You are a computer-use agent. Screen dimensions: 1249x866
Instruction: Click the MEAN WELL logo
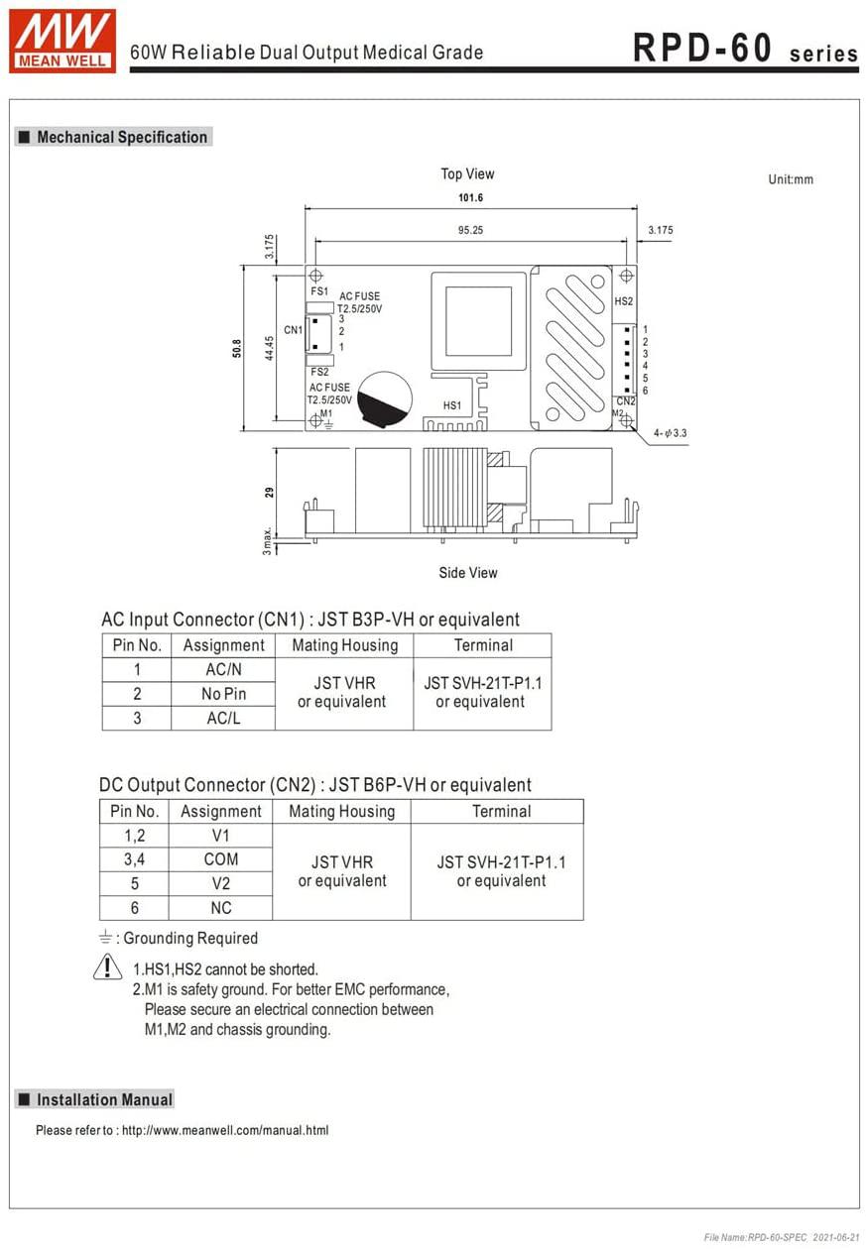coord(62,41)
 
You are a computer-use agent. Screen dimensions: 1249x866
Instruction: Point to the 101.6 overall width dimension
coord(470,197)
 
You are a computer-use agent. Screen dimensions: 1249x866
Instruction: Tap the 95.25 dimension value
coord(470,230)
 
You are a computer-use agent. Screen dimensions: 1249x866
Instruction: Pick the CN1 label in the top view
coord(293,330)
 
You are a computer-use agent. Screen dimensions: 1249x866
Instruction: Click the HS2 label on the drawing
coord(623,301)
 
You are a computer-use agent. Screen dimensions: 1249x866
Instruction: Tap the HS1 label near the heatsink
coord(452,405)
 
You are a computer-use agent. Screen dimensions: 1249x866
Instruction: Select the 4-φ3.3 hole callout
coord(671,433)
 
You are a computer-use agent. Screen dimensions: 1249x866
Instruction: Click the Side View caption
coord(468,573)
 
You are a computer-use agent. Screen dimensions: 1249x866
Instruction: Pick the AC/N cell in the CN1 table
coord(223,670)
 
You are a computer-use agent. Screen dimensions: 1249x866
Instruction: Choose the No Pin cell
coord(223,694)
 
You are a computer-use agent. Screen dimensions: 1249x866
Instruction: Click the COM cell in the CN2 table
coord(221,859)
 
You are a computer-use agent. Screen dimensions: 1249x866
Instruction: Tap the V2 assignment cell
coord(221,883)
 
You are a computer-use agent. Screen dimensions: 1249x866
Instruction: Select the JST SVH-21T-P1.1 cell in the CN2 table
coord(501,871)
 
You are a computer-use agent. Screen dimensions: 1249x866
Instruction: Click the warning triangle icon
coord(107,967)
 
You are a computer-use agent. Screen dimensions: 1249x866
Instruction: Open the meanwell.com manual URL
coord(225,1130)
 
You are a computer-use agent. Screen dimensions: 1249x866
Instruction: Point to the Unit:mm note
coord(791,179)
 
